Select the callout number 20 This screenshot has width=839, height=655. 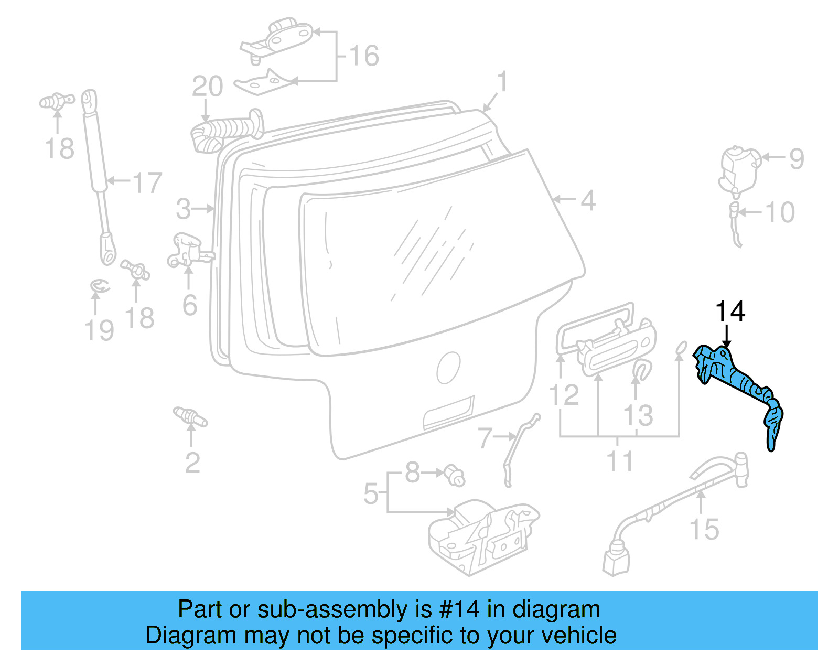pyautogui.click(x=207, y=87)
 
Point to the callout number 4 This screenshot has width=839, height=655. pyautogui.click(x=588, y=200)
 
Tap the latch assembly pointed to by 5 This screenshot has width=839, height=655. pyautogui.click(x=482, y=535)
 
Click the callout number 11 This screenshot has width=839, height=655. pyautogui.click(x=620, y=461)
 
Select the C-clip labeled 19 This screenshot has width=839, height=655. pyautogui.click(x=100, y=286)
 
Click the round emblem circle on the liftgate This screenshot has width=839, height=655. pyautogui.click(x=448, y=367)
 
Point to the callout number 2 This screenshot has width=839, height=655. pyautogui.click(x=192, y=463)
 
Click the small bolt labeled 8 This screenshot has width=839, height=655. pyautogui.click(x=454, y=475)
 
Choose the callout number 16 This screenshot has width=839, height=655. pyautogui.click(x=364, y=56)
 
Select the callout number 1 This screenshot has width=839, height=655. pyautogui.click(x=502, y=82)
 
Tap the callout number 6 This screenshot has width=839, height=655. pyautogui.click(x=189, y=305)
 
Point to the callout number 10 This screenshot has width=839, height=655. pyautogui.click(x=780, y=212)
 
